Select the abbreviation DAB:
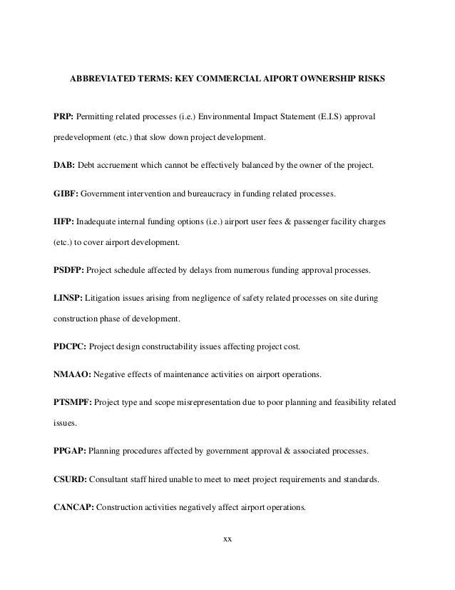(64, 166)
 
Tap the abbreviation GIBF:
(66, 194)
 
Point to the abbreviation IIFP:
(64, 223)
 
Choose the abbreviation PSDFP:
(69, 271)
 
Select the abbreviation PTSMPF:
(73, 403)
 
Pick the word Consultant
(117, 480)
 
